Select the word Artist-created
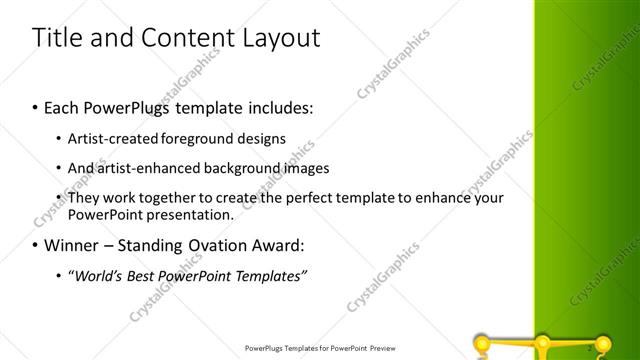(x=108, y=138)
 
